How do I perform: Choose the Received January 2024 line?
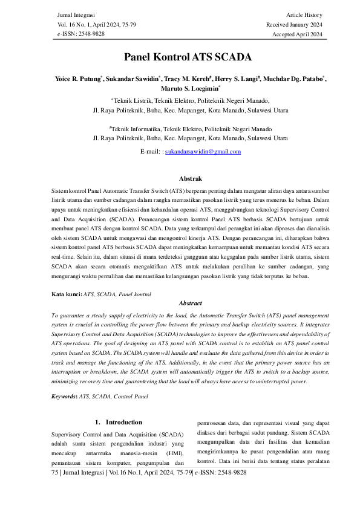(294, 25)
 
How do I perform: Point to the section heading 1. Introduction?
(119, 422)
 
